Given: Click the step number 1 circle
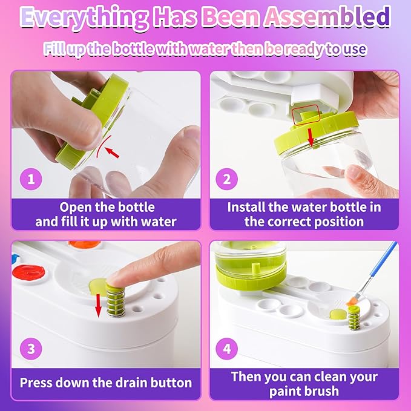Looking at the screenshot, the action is tap(31, 179).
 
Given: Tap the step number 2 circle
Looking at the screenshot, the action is tap(227, 179).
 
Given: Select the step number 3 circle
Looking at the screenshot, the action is tap(31, 349).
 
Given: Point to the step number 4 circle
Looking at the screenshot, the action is tap(227, 349).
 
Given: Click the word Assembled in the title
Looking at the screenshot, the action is tap(327, 16).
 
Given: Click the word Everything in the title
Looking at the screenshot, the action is tap(84, 18).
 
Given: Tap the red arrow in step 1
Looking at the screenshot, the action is tap(111, 153).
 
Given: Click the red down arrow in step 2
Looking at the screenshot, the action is tap(311, 137).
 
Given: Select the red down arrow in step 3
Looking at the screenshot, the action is tap(98, 305).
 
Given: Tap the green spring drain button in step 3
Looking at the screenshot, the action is tap(116, 298).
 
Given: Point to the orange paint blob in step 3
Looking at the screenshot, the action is tap(84, 245).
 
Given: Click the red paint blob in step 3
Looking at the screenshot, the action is tap(28, 273).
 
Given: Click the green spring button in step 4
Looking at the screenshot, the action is tap(354, 318).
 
